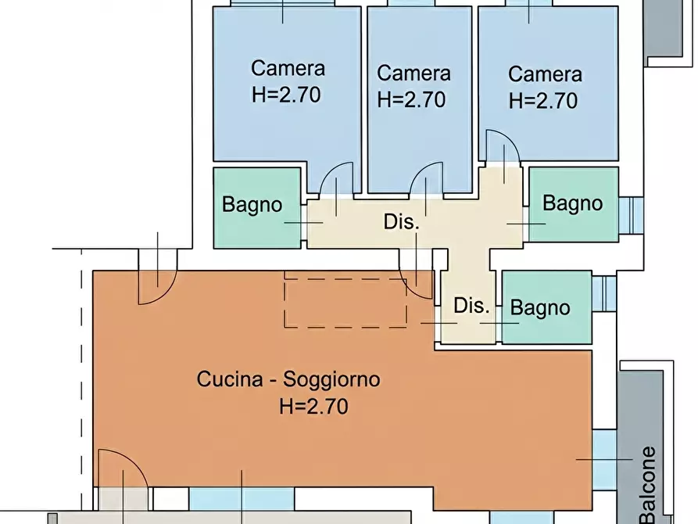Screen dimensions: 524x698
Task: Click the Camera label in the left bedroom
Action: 288,68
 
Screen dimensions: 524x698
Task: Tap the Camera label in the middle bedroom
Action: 413,74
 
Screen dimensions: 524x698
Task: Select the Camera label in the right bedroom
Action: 545,74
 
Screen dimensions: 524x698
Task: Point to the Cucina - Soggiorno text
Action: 288,380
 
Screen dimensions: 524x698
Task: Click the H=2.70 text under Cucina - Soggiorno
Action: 313,407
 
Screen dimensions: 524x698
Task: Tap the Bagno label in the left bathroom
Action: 252,205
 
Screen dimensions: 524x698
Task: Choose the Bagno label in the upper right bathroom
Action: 572,203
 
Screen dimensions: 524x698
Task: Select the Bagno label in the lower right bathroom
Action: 539,308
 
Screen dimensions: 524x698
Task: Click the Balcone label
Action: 647,485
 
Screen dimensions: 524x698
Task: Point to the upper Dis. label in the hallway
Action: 402,221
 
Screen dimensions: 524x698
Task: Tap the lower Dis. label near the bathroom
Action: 471,306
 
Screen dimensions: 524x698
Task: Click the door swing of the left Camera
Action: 336,178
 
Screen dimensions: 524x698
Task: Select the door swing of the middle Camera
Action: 426,179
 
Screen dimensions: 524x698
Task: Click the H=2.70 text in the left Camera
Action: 286,95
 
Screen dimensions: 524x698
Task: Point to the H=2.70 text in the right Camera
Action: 542,101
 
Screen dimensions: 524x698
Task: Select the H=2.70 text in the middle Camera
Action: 411,100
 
